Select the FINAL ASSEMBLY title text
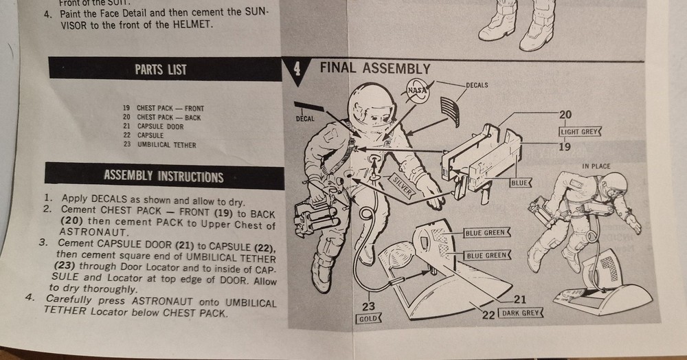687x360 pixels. click(375, 69)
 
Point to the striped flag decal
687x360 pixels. click(449, 111)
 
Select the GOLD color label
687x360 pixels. click(368, 319)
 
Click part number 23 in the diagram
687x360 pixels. click(368, 306)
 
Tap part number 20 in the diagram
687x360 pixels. click(565, 115)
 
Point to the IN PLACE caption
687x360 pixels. click(596, 166)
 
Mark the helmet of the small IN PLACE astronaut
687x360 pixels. click(614, 184)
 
